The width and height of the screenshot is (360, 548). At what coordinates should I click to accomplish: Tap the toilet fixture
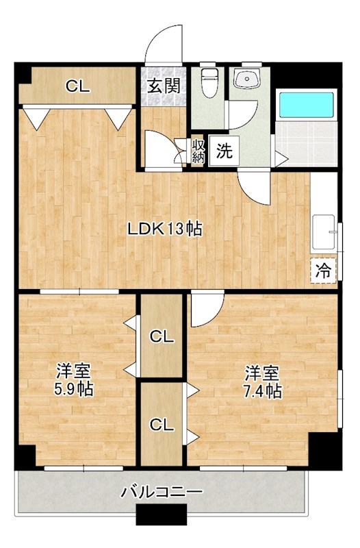(x=209, y=84)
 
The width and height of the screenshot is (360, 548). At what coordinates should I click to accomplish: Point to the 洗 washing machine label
(x=224, y=152)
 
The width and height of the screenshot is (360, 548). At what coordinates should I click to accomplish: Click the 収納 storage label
(x=198, y=151)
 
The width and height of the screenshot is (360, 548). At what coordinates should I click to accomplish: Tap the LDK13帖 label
(x=165, y=229)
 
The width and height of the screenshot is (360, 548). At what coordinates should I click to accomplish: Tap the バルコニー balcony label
(x=162, y=492)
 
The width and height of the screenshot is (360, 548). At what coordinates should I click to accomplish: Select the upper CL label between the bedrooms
(x=162, y=336)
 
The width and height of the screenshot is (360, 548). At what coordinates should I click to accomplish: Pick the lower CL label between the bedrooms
(x=162, y=424)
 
